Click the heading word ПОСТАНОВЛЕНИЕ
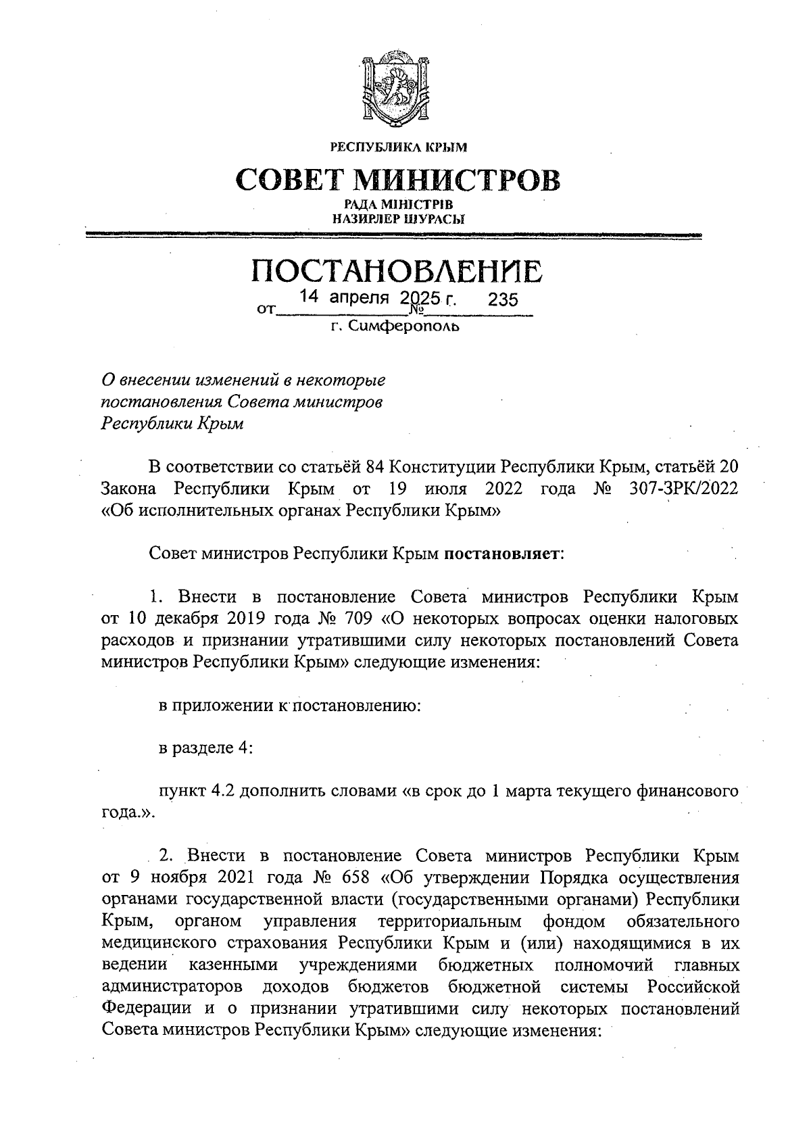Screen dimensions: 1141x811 (397, 272)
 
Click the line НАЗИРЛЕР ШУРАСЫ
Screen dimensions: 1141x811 (398, 218)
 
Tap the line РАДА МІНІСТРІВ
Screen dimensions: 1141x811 (397, 204)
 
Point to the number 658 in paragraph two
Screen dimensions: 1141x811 (354, 878)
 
